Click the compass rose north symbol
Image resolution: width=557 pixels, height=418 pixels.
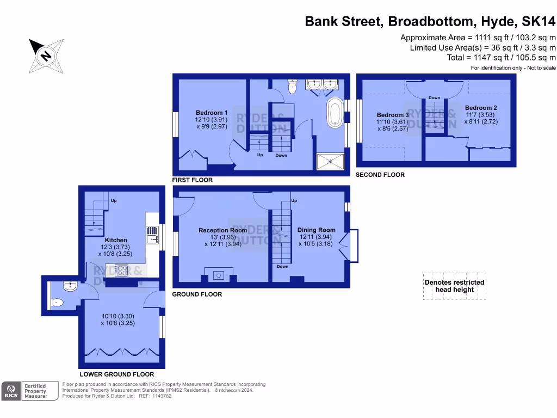46,56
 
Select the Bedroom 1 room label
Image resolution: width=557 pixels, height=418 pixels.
212,113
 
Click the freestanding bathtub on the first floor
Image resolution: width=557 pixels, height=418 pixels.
334,112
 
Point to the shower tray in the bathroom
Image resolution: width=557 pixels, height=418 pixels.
331,161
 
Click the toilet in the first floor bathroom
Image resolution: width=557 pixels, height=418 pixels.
292,87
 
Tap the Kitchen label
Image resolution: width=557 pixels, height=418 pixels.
116,240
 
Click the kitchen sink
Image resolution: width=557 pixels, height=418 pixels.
152,235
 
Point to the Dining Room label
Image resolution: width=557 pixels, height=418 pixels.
317,230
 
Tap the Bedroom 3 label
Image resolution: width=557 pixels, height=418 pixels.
393,115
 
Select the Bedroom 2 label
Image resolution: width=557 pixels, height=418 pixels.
481,108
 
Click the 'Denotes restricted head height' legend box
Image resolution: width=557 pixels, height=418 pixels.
454,286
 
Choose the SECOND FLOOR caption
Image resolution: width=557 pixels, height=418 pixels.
380,175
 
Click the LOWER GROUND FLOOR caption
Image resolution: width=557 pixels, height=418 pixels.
116,374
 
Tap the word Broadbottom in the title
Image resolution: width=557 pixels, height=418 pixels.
430,21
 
